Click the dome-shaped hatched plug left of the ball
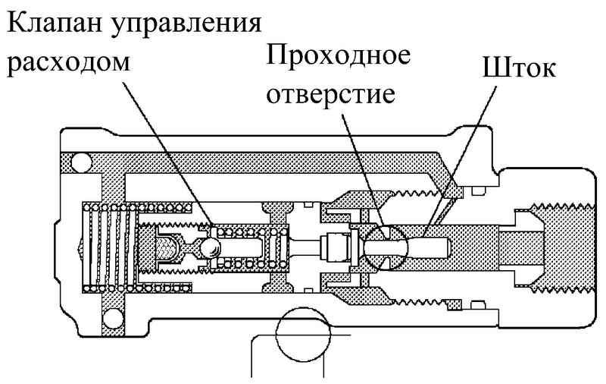coord(168,247)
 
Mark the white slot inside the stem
coord(424,247)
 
